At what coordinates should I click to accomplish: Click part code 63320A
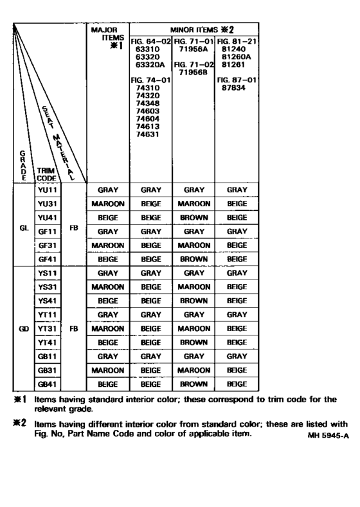click(x=147, y=64)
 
